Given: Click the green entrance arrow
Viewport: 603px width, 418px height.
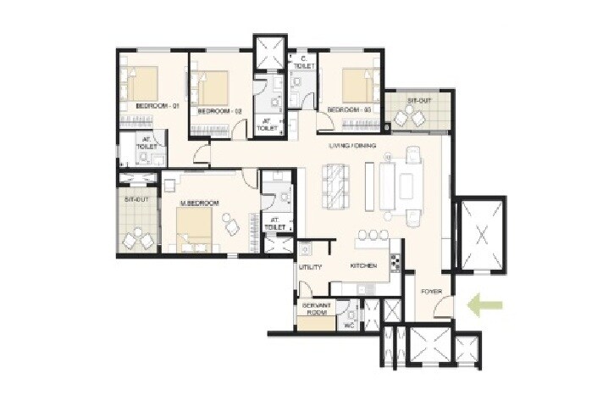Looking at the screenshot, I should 488,304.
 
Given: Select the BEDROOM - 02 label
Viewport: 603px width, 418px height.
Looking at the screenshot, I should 219,111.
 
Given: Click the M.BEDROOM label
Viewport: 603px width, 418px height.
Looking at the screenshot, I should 200,203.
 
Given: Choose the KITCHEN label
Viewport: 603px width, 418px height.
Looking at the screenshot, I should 363,266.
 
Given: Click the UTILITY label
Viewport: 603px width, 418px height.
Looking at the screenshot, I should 310,267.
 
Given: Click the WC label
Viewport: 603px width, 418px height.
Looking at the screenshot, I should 347,323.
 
